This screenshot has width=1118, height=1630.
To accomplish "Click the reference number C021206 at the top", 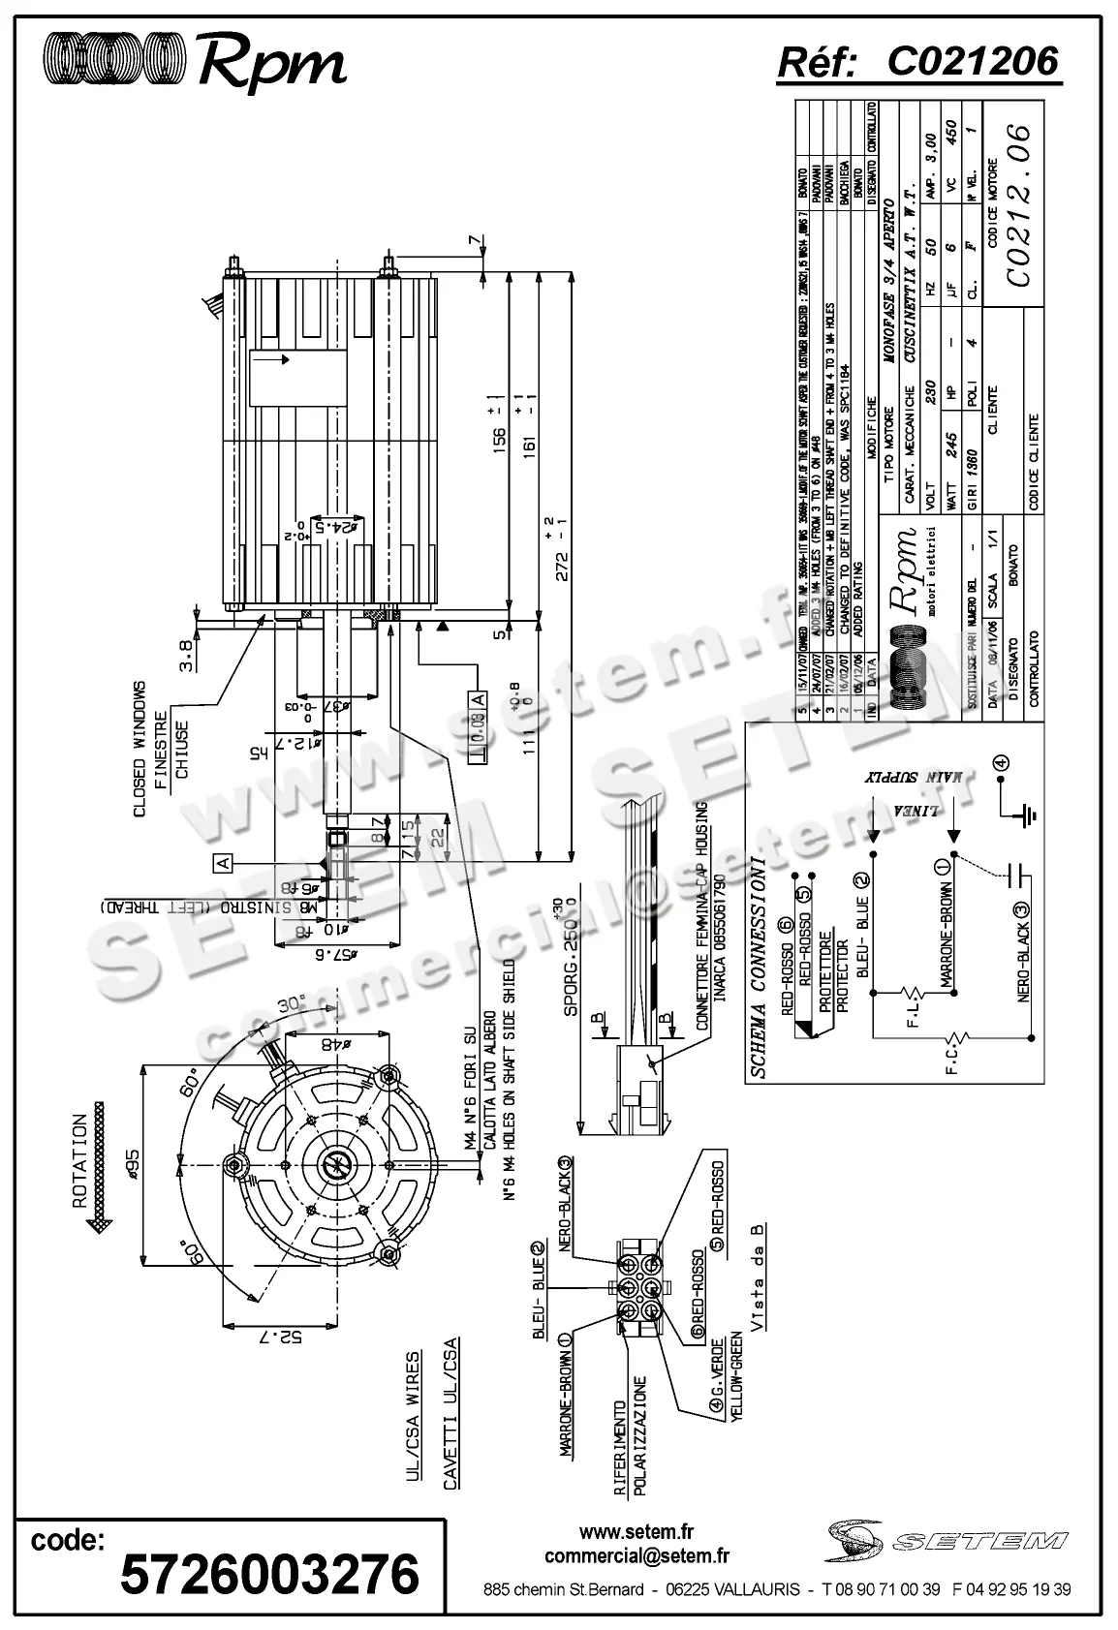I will pyautogui.click(x=973, y=61).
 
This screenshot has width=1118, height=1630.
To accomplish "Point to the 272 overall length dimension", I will pyautogui.click(x=555, y=547).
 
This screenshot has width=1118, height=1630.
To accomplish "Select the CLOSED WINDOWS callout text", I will pyautogui.click(x=139, y=748).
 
